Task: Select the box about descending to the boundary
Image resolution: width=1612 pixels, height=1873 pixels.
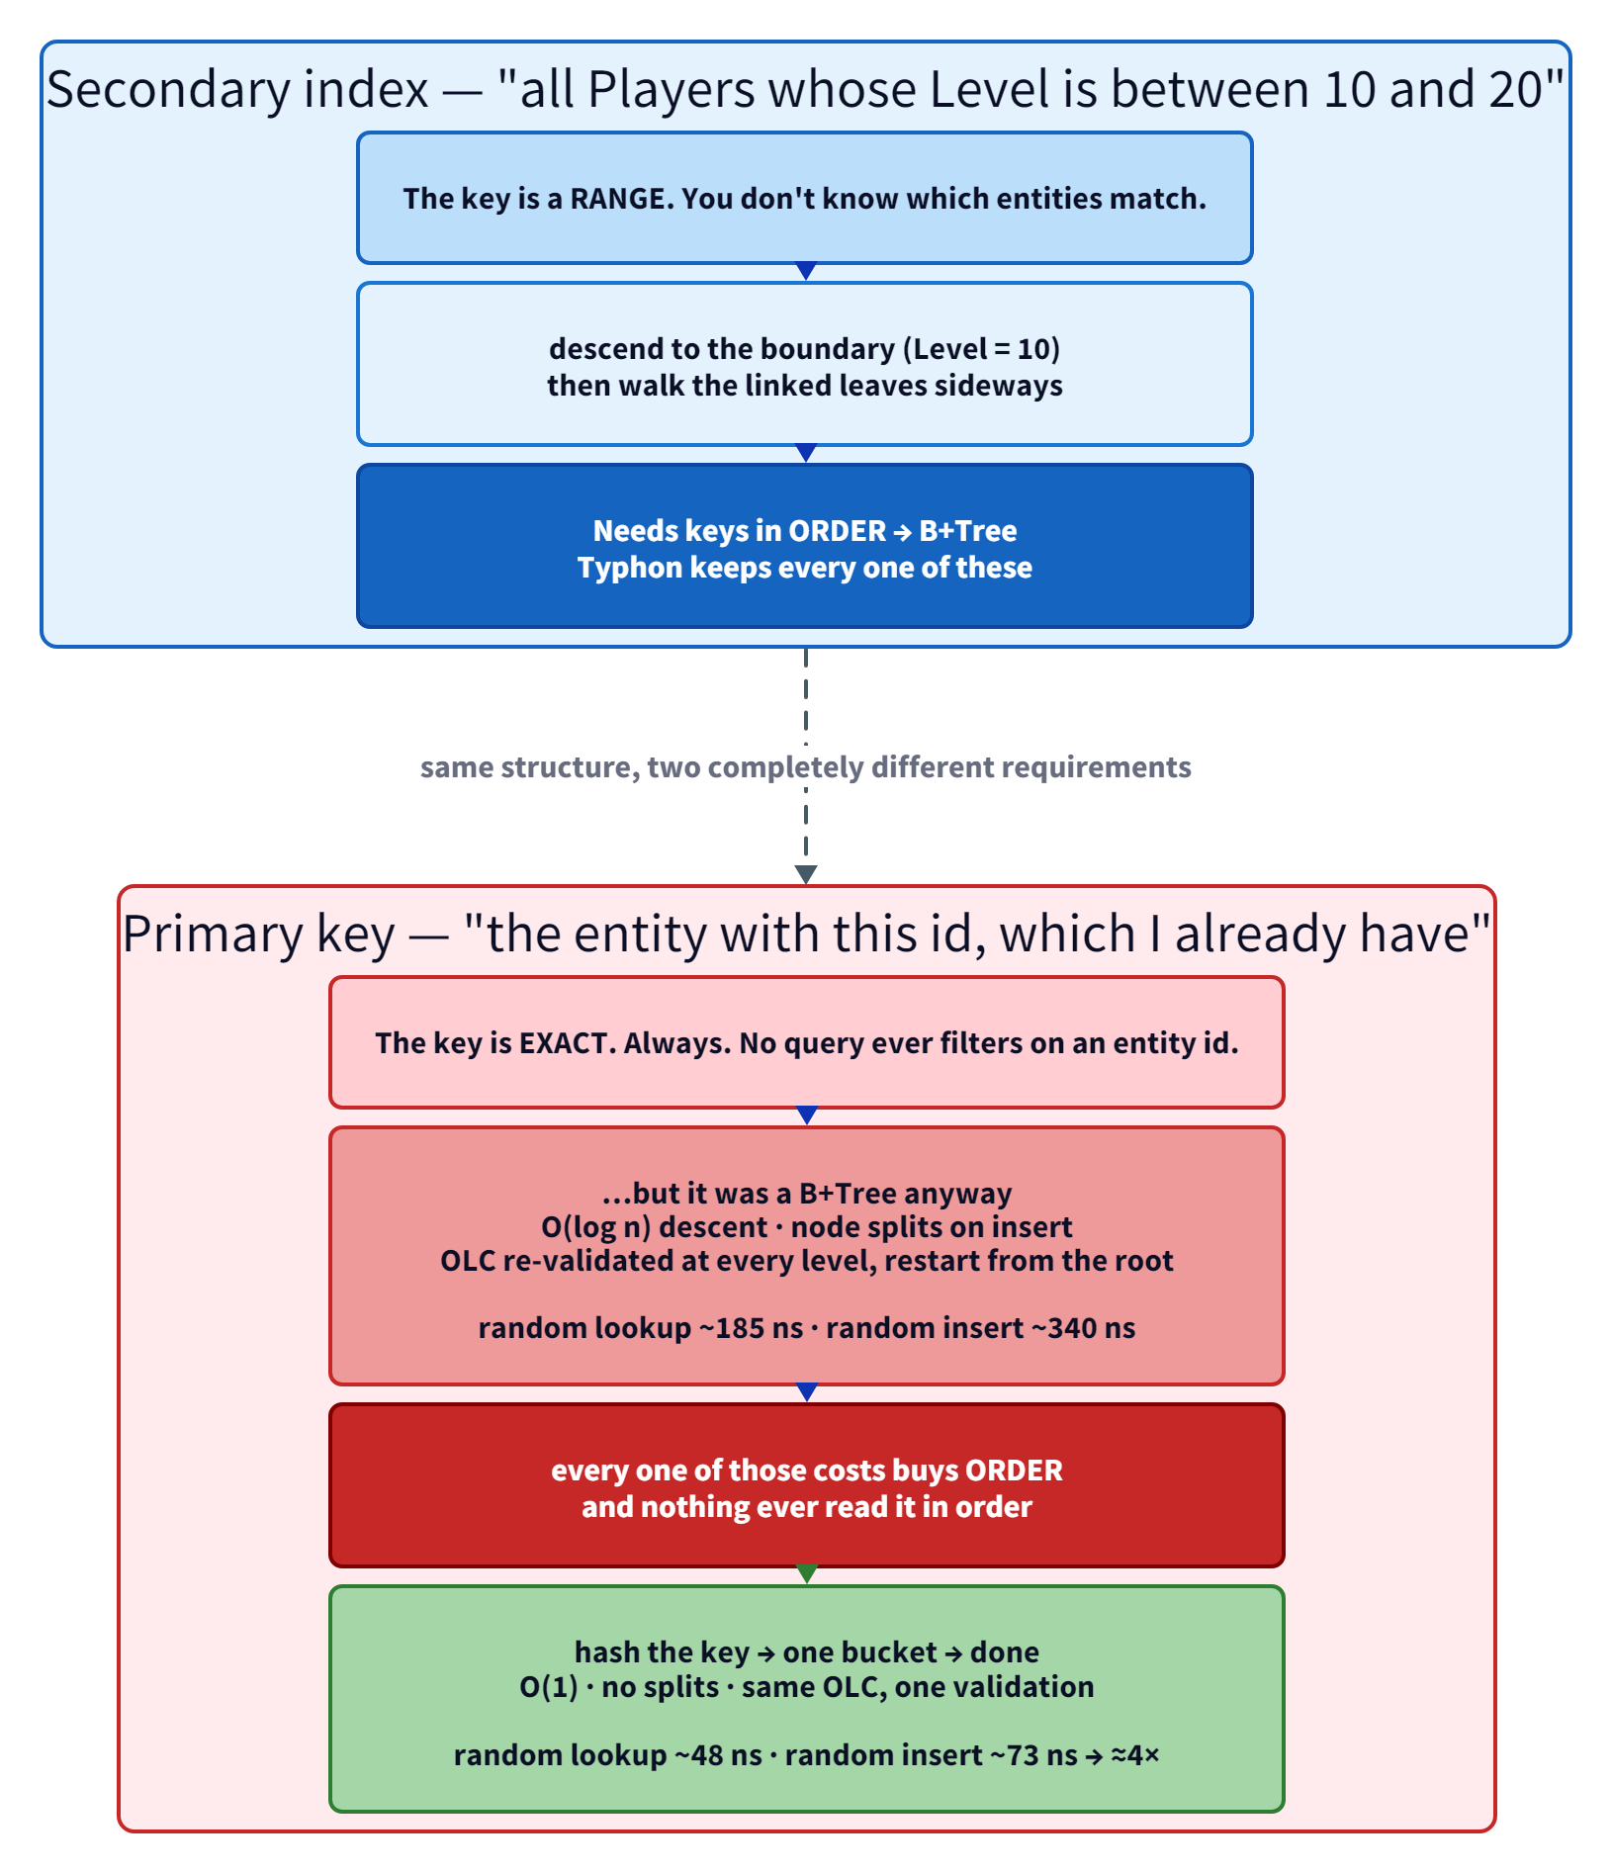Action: (805, 364)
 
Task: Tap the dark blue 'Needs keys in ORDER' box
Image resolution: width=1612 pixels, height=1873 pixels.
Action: (805, 546)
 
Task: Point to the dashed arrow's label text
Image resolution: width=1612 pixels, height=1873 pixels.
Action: (805, 767)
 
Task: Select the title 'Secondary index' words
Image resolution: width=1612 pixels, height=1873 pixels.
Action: (237, 90)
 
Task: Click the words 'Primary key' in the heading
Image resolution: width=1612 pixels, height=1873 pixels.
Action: (259, 935)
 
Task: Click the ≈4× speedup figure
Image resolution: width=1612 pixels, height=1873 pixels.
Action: (1135, 1755)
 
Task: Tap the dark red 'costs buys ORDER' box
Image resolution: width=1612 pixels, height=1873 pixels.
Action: (806, 1485)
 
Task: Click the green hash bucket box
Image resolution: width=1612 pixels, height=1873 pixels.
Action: (806, 1699)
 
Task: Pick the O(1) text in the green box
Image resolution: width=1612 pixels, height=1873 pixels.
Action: (549, 1687)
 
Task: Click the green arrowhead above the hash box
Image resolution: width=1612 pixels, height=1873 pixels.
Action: (807, 1575)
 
